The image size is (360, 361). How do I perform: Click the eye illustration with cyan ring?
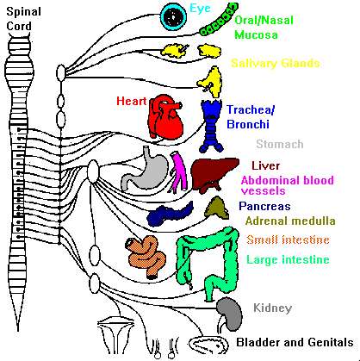(173, 16)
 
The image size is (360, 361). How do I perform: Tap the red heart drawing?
(165, 116)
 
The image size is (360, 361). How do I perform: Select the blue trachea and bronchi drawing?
(211, 126)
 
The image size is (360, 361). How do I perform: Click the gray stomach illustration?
(145, 170)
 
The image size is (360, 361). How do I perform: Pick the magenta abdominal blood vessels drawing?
(179, 171)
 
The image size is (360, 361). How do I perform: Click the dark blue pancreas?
(170, 214)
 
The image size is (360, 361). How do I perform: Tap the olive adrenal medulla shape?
(217, 208)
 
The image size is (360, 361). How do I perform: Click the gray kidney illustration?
(229, 314)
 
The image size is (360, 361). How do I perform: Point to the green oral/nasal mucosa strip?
(219, 20)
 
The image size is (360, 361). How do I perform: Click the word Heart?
(132, 101)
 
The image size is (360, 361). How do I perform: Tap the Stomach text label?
(280, 144)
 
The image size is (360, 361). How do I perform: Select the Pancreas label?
(264, 206)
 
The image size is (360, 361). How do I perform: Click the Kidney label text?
(273, 308)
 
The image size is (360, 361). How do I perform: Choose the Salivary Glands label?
(276, 64)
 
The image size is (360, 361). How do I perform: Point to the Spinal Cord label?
(23, 19)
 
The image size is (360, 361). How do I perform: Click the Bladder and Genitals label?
(295, 342)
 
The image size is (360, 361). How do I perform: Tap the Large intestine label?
(288, 260)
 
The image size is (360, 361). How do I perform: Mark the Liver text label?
(266, 165)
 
